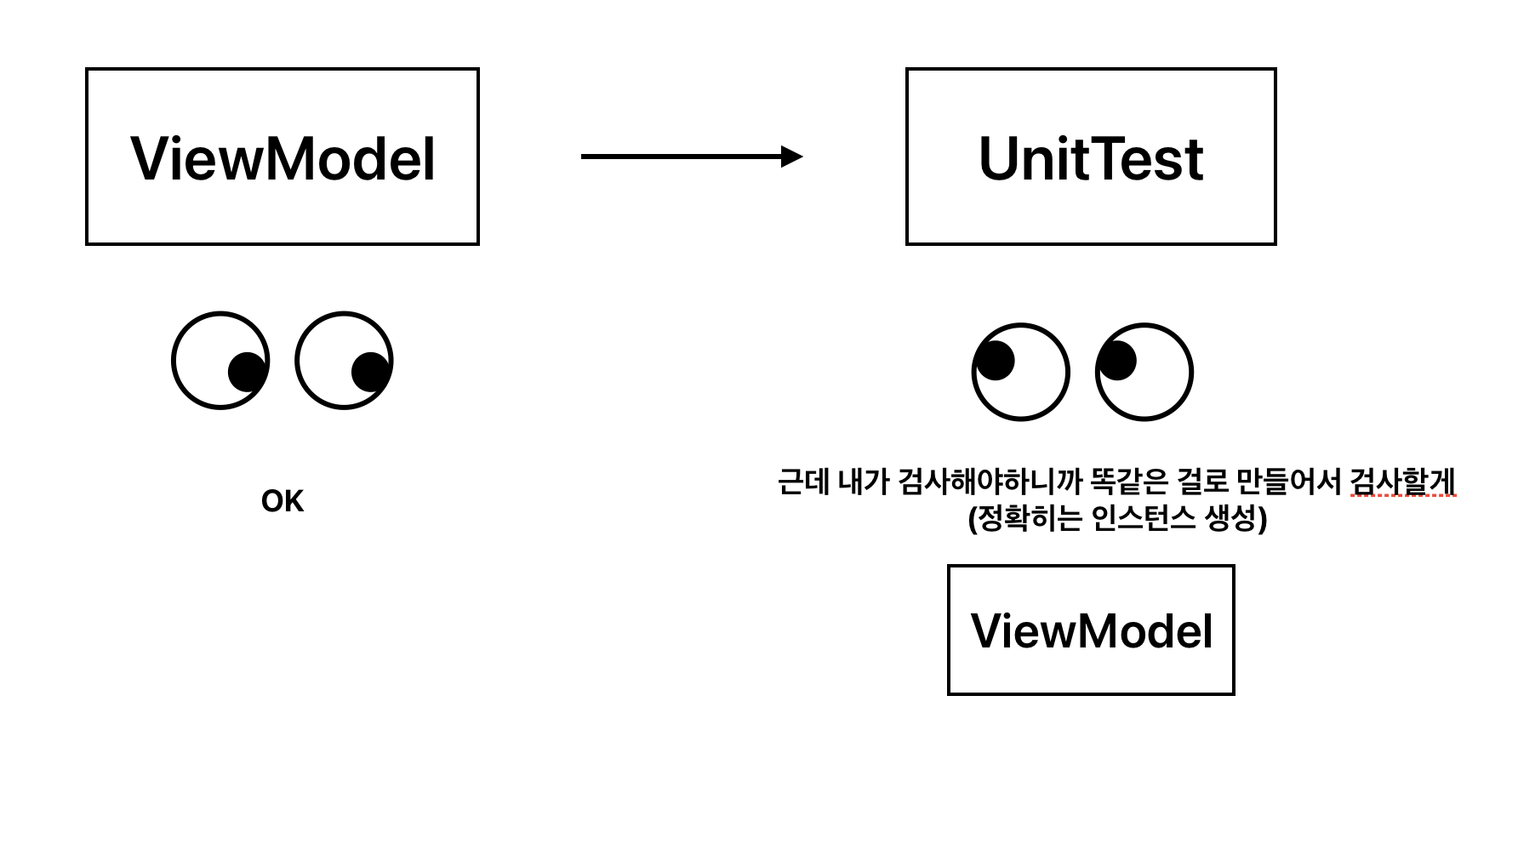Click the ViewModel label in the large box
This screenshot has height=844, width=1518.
coord(282,159)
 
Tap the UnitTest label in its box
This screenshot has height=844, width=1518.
coord(1091,159)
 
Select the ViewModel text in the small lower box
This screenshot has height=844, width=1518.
coord(1091,631)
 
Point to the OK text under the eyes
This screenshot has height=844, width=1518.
coord(282,501)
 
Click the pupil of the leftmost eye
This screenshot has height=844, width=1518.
coord(247,372)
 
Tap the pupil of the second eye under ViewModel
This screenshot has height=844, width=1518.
coord(371,372)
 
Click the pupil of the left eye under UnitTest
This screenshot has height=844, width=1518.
coord(996,360)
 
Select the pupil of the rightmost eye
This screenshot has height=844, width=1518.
coord(1117,360)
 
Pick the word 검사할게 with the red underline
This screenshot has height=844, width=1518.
coord(1403,482)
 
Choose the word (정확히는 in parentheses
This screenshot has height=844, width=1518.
coord(1024,518)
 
